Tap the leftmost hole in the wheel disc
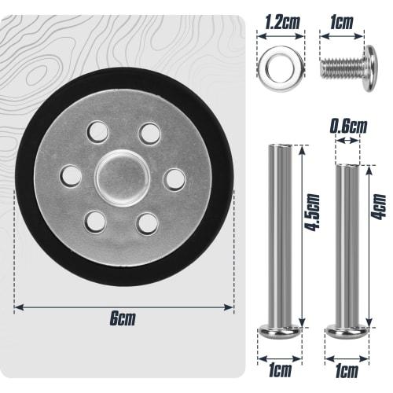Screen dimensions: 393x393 tap(69, 174)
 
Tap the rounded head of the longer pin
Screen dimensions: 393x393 tap(278, 328)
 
